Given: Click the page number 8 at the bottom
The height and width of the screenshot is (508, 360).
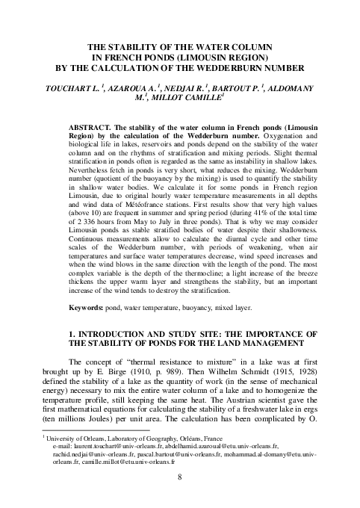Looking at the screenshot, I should coord(180,494).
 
